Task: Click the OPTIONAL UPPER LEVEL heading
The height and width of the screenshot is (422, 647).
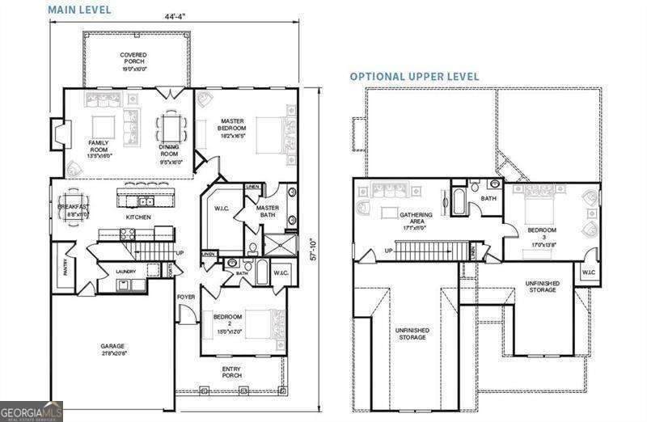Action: [414, 77]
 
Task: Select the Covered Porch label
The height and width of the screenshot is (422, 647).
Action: [133, 62]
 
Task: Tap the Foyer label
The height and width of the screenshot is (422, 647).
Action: [185, 297]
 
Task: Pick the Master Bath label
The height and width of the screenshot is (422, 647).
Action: [268, 211]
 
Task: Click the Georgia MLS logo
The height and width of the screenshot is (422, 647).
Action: [32, 411]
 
